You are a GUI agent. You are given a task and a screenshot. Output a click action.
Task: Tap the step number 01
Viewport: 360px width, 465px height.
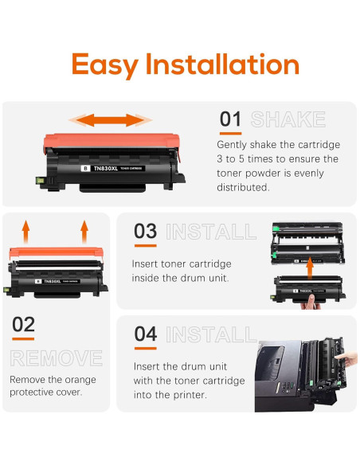(x=230, y=120)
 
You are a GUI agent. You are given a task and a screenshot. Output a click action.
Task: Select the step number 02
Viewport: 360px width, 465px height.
(x=25, y=325)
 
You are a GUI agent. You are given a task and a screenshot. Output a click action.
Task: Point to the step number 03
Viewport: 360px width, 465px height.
(x=145, y=232)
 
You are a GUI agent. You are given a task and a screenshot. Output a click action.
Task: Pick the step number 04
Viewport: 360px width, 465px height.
(x=145, y=334)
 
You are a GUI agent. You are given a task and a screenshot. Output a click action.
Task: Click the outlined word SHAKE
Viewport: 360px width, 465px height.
(x=288, y=120)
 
